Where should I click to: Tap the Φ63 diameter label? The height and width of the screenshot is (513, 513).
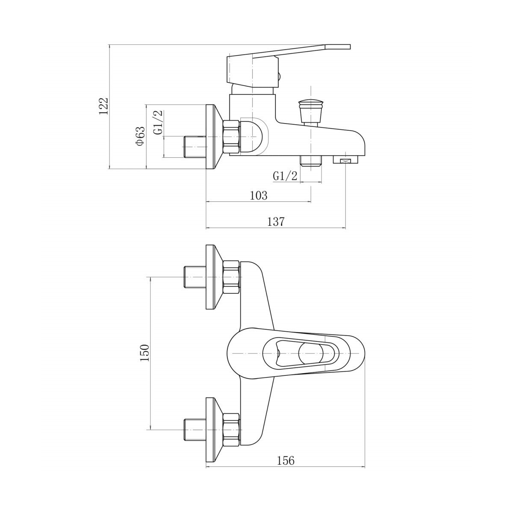(140, 137)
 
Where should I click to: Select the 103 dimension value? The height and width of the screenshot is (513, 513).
(258, 195)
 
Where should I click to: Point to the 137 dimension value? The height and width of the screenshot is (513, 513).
(276, 222)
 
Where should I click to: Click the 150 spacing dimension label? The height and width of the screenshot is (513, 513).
(145, 353)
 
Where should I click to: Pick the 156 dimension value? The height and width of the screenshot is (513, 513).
(286, 460)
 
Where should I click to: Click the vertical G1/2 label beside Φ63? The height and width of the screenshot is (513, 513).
(158, 123)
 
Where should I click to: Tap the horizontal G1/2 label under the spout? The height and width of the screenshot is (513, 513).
(285, 176)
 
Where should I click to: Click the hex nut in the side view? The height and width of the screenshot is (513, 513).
(231, 137)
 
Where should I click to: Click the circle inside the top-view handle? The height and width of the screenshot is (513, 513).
(311, 354)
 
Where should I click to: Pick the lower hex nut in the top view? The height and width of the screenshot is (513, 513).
(231, 429)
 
